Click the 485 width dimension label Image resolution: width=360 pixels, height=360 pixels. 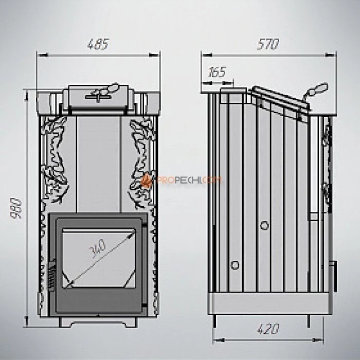click(x=98, y=45)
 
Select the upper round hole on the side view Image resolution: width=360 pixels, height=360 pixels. click(x=265, y=225)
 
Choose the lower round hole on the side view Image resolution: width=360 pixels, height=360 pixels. click(x=235, y=264)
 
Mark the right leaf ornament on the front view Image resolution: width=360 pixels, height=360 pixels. click(x=141, y=154)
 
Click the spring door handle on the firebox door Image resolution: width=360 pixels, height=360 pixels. click(x=50, y=278)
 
